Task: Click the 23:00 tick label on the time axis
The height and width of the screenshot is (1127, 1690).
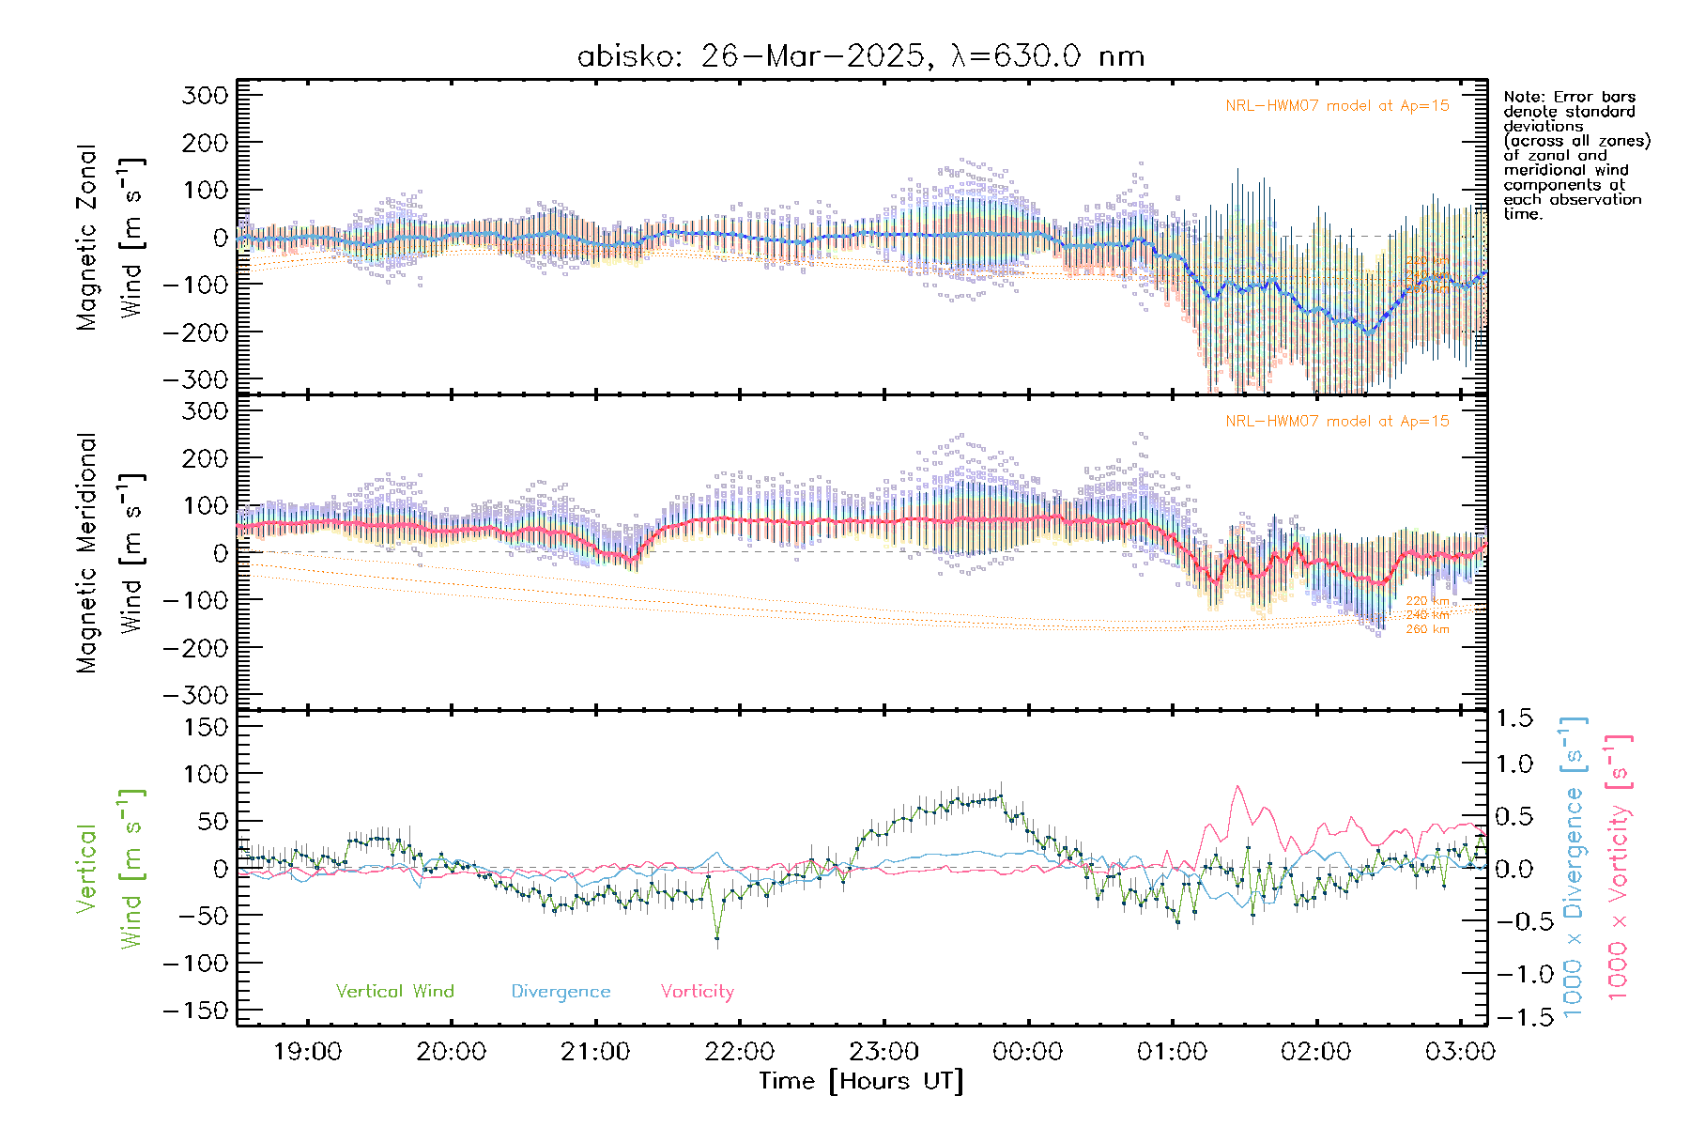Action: (x=883, y=1051)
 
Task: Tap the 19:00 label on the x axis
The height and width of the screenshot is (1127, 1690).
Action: (x=307, y=1051)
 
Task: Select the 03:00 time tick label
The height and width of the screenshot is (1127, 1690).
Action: (x=1460, y=1051)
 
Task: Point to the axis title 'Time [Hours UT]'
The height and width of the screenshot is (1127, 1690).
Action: (x=861, y=1081)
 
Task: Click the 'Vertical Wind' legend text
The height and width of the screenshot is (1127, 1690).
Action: (x=394, y=991)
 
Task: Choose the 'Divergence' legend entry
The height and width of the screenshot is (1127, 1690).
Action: (x=561, y=991)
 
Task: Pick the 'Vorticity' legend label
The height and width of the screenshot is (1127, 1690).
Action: (x=697, y=991)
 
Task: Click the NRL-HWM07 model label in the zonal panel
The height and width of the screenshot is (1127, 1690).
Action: (x=1337, y=106)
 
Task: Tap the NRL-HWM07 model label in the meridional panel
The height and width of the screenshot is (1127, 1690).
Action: (x=1337, y=422)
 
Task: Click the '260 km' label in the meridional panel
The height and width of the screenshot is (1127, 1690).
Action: (x=1427, y=629)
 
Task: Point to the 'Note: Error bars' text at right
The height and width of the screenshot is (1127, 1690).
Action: (x=1569, y=97)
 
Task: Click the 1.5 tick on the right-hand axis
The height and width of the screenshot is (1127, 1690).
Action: (x=1513, y=718)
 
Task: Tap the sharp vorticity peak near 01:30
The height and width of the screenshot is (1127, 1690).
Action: (x=1238, y=787)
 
